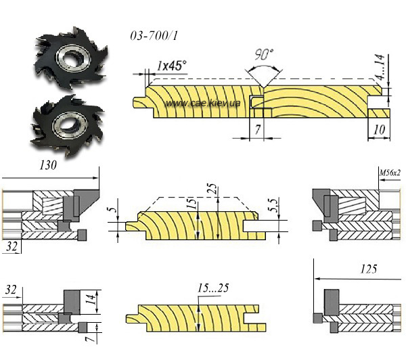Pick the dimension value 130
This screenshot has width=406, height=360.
pos(48,164)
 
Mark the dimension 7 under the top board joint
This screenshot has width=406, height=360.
pos(258,128)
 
